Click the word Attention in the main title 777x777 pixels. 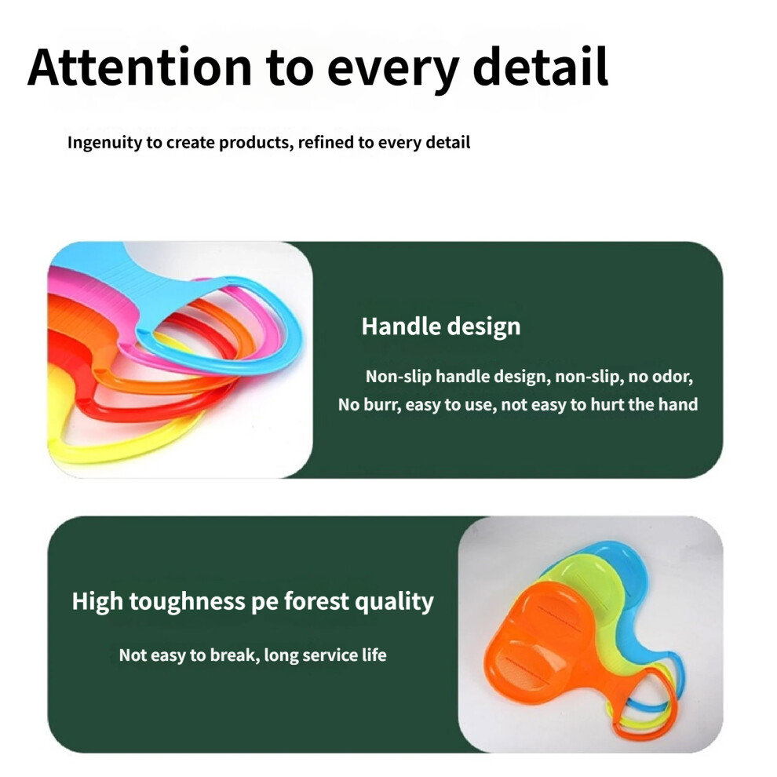(x=140, y=67)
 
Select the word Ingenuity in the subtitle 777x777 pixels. (x=105, y=143)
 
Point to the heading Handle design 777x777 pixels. (x=441, y=326)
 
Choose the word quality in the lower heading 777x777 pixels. (x=395, y=602)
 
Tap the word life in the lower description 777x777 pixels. (x=374, y=655)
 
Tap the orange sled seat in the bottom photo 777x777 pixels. (x=540, y=639)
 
